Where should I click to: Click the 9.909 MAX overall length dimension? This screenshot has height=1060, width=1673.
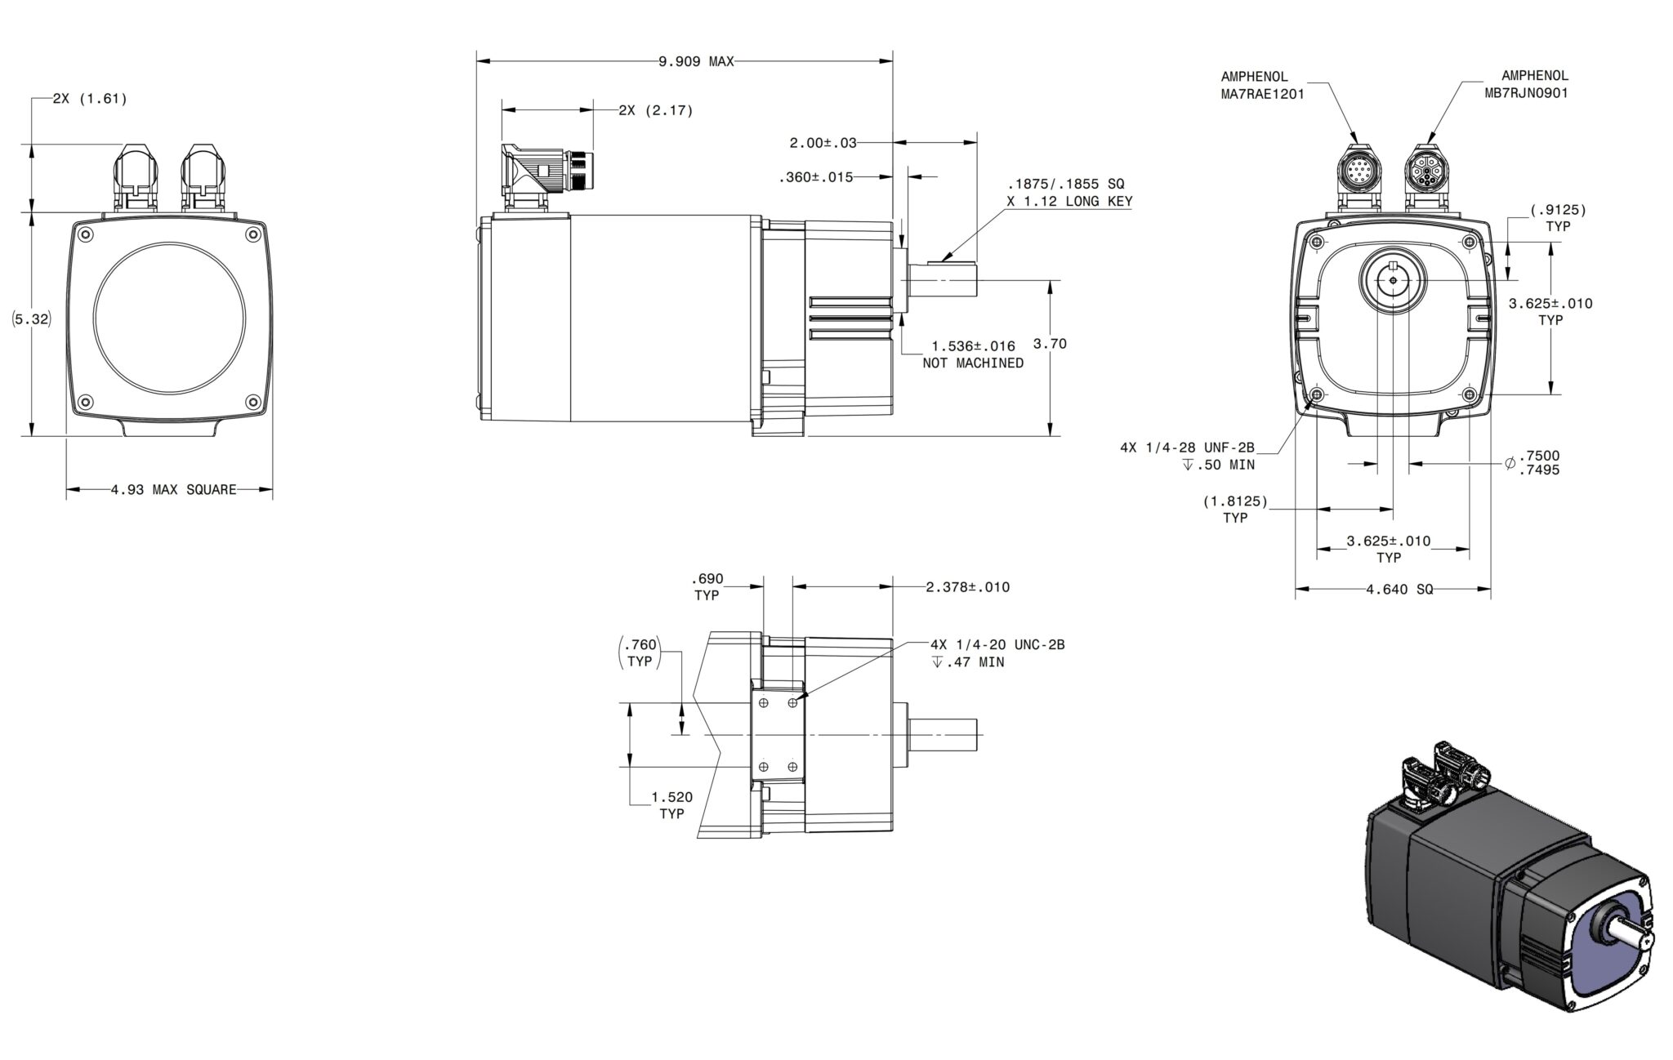point(696,62)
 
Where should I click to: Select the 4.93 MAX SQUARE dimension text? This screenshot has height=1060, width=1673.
point(173,490)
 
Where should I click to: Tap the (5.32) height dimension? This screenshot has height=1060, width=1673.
point(33,319)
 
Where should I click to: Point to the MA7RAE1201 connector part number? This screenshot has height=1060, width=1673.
point(1262,94)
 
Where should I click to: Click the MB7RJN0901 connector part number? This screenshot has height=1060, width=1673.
point(1525,94)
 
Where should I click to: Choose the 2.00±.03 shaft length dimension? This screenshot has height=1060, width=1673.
point(823,143)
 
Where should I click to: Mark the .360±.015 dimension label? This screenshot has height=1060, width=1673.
point(815,177)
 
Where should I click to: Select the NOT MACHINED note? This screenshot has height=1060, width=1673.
point(972,363)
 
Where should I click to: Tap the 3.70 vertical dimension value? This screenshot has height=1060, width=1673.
point(1050,344)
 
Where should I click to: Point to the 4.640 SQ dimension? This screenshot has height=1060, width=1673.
point(1399,590)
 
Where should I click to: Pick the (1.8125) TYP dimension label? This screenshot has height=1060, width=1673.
point(1234,509)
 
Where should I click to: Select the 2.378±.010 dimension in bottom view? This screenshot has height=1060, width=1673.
point(967,587)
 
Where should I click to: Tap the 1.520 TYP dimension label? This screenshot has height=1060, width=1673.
point(671,805)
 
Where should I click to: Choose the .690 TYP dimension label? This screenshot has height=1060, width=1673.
point(707,587)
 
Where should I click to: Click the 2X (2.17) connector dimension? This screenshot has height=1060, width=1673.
point(655,111)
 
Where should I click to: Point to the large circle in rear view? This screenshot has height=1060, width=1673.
point(169,318)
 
